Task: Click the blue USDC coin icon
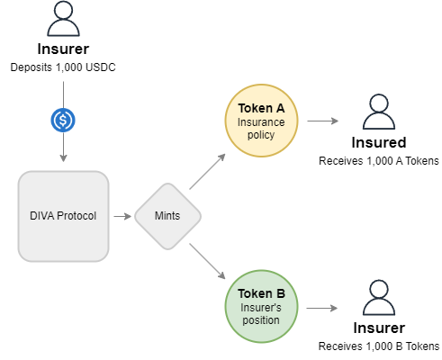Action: pos(63,121)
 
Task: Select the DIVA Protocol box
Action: pos(63,216)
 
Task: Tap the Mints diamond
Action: pos(167,216)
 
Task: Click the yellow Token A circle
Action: pos(261,121)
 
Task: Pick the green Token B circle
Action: pos(261,306)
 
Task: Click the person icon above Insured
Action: pos(379,112)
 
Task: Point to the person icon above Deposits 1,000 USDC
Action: pos(63,19)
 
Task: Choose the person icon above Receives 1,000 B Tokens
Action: pos(379,297)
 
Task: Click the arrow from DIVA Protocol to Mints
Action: pos(122,216)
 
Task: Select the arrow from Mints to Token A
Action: pos(207,172)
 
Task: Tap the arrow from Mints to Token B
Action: pos(207,261)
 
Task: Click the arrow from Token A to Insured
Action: pos(323,121)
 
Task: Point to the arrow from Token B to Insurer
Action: pos(322,308)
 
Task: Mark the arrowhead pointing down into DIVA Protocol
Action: pos(63,158)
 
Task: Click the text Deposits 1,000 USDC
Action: pos(63,67)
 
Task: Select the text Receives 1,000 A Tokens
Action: pos(379,161)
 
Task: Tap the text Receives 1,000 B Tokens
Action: pos(379,346)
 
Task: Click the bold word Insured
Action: pos(379,142)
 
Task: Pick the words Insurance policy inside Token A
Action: pos(261,129)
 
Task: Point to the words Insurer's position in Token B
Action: pos(261,314)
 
